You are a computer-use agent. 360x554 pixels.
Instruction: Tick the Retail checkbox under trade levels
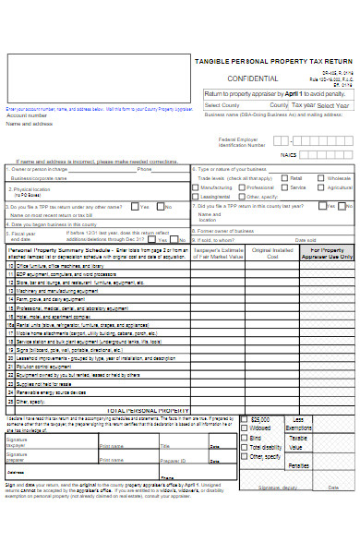pos(284,177)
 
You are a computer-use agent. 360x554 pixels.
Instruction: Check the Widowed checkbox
pos(245,428)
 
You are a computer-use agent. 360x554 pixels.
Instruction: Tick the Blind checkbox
pos(245,438)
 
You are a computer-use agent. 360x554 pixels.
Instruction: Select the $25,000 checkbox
pos(245,419)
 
